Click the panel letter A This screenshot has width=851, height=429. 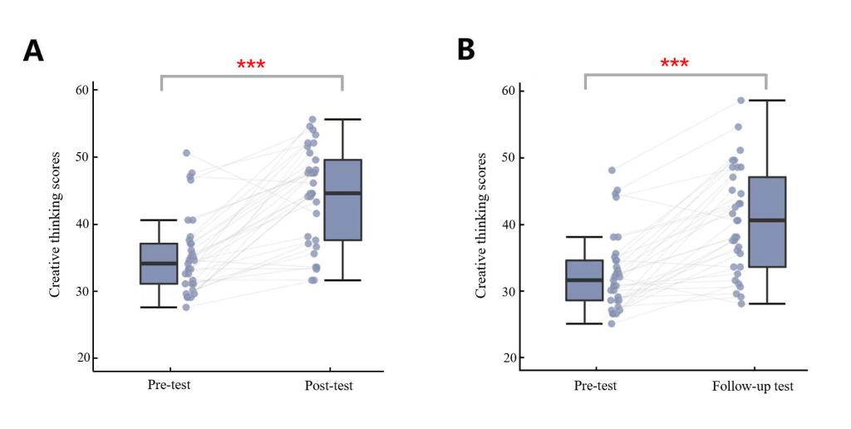(33, 51)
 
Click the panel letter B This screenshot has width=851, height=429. (466, 49)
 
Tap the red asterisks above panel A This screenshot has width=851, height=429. (251, 65)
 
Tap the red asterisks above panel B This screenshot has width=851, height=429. (674, 64)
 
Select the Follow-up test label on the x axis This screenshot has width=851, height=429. (753, 387)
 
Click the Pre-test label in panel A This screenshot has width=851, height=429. (169, 386)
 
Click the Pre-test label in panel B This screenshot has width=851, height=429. (595, 387)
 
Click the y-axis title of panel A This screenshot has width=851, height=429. (55, 224)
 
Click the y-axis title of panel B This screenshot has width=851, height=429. (481, 224)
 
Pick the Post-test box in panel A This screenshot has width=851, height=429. (342, 200)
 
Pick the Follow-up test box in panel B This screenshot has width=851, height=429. (765, 222)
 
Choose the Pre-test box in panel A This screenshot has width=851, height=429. (159, 264)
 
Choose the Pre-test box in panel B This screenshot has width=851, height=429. (584, 280)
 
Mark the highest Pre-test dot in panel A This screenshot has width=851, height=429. (186, 153)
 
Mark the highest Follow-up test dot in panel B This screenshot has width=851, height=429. (740, 101)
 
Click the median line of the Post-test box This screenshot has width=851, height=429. (342, 193)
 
